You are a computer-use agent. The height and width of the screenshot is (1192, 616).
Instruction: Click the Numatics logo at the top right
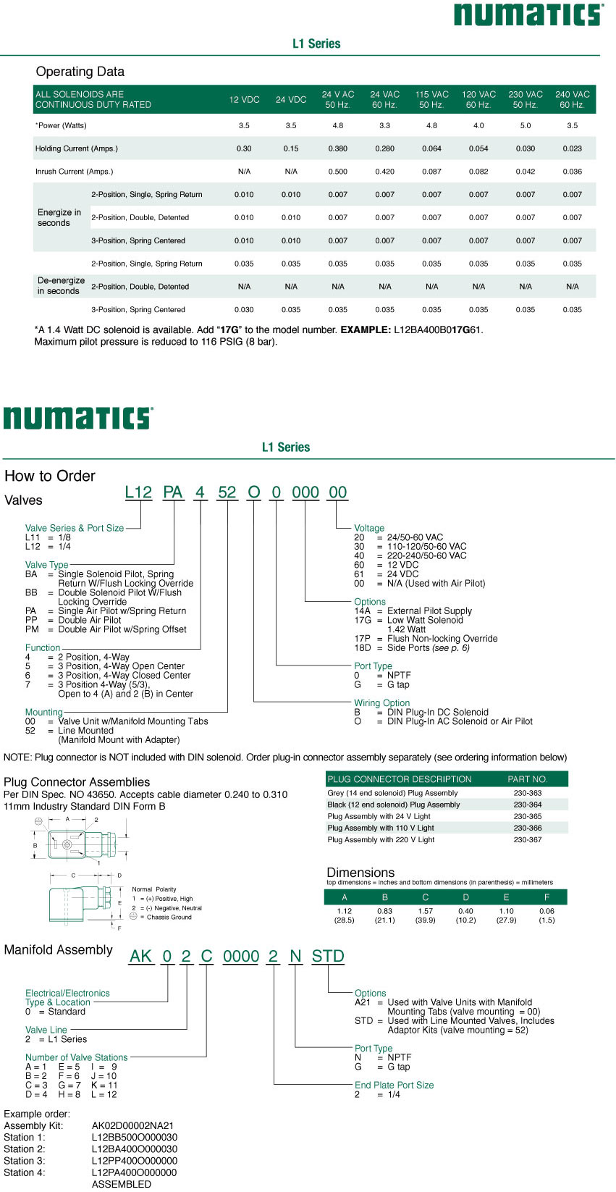[x=528, y=14]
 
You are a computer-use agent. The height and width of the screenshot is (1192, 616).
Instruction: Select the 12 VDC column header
[x=244, y=100]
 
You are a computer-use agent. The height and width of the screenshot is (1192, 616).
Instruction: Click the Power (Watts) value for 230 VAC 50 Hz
[x=526, y=125]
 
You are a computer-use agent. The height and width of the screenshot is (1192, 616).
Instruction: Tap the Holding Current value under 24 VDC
[x=291, y=148]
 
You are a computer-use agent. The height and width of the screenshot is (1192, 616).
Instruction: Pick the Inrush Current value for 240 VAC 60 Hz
[x=573, y=172]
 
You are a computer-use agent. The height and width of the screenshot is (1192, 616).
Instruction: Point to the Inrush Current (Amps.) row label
[x=74, y=172]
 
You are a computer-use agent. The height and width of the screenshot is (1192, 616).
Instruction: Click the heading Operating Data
[x=80, y=72]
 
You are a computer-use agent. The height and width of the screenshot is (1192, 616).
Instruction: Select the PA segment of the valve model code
[x=173, y=492]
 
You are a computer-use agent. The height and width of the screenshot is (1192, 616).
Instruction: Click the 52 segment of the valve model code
[x=227, y=492]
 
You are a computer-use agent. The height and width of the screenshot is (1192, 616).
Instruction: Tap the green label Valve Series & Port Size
[x=75, y=528]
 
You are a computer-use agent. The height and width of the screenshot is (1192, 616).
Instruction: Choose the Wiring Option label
[x=381, y=703]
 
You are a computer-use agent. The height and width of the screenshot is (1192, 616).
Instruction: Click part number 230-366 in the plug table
[x=528, y=828]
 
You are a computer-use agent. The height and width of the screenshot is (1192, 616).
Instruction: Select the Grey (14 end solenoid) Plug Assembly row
[x=392, y=793]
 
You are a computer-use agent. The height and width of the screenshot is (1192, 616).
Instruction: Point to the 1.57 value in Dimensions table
[x=426, y=911]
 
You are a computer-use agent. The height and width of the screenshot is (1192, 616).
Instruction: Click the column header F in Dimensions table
[x=547, y=897]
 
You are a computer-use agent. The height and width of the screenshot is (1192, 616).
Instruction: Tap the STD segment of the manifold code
[x=328, y=957]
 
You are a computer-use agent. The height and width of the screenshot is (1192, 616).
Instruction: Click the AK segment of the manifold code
[x=140, y=957]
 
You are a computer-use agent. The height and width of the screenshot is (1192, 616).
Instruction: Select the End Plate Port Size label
[x=395, y=1085]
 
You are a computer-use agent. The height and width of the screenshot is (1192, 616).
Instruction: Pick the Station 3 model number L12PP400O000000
[x=134, y=1160]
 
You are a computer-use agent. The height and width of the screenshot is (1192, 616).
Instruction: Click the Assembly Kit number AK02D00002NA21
[x=132, y=1125]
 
